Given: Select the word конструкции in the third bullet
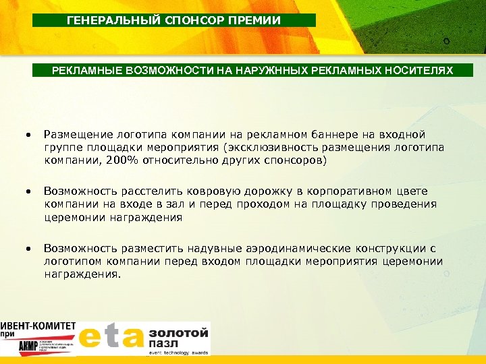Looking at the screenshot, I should (x=374, y=249).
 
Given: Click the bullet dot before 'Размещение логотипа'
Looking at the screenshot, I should (x=28, y=135).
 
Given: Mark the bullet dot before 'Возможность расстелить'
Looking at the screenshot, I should (x=28, y=192).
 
